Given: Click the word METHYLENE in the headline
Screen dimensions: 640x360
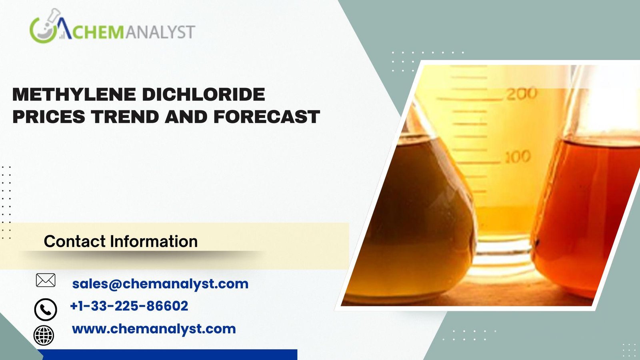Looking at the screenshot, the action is pyautogui.click(x=74, y=94).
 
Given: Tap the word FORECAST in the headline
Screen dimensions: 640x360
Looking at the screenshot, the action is pyautogui.click(x=266, y=116).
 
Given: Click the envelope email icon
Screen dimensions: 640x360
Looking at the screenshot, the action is pyautogui.click(x=46, y=280).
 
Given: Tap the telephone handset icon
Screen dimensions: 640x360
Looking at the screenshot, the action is pyautogui.click(x=46, y=310).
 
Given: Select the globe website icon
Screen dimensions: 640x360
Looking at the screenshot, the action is pyautogui.click(x=44, y=335).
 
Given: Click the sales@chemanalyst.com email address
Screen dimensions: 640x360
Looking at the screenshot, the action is pyautogui.click(x=160, y=284).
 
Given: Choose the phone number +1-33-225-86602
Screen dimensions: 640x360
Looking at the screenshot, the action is pyautogui.click(x=129, y=306).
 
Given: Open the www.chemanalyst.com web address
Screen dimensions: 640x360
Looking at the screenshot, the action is pyautogui.click(x=154, y=329).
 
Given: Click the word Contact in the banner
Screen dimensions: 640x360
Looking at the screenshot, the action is pyautogui.click(x=74, y=241).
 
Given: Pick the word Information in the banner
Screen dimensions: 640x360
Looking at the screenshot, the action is pyautogui.click(x=154, y=241).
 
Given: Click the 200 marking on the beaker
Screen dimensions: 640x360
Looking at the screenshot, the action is pyautogui.click(x=522, y=94).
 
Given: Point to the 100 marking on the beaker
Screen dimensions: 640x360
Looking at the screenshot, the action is pyautogui.click(x=518, y=157).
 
